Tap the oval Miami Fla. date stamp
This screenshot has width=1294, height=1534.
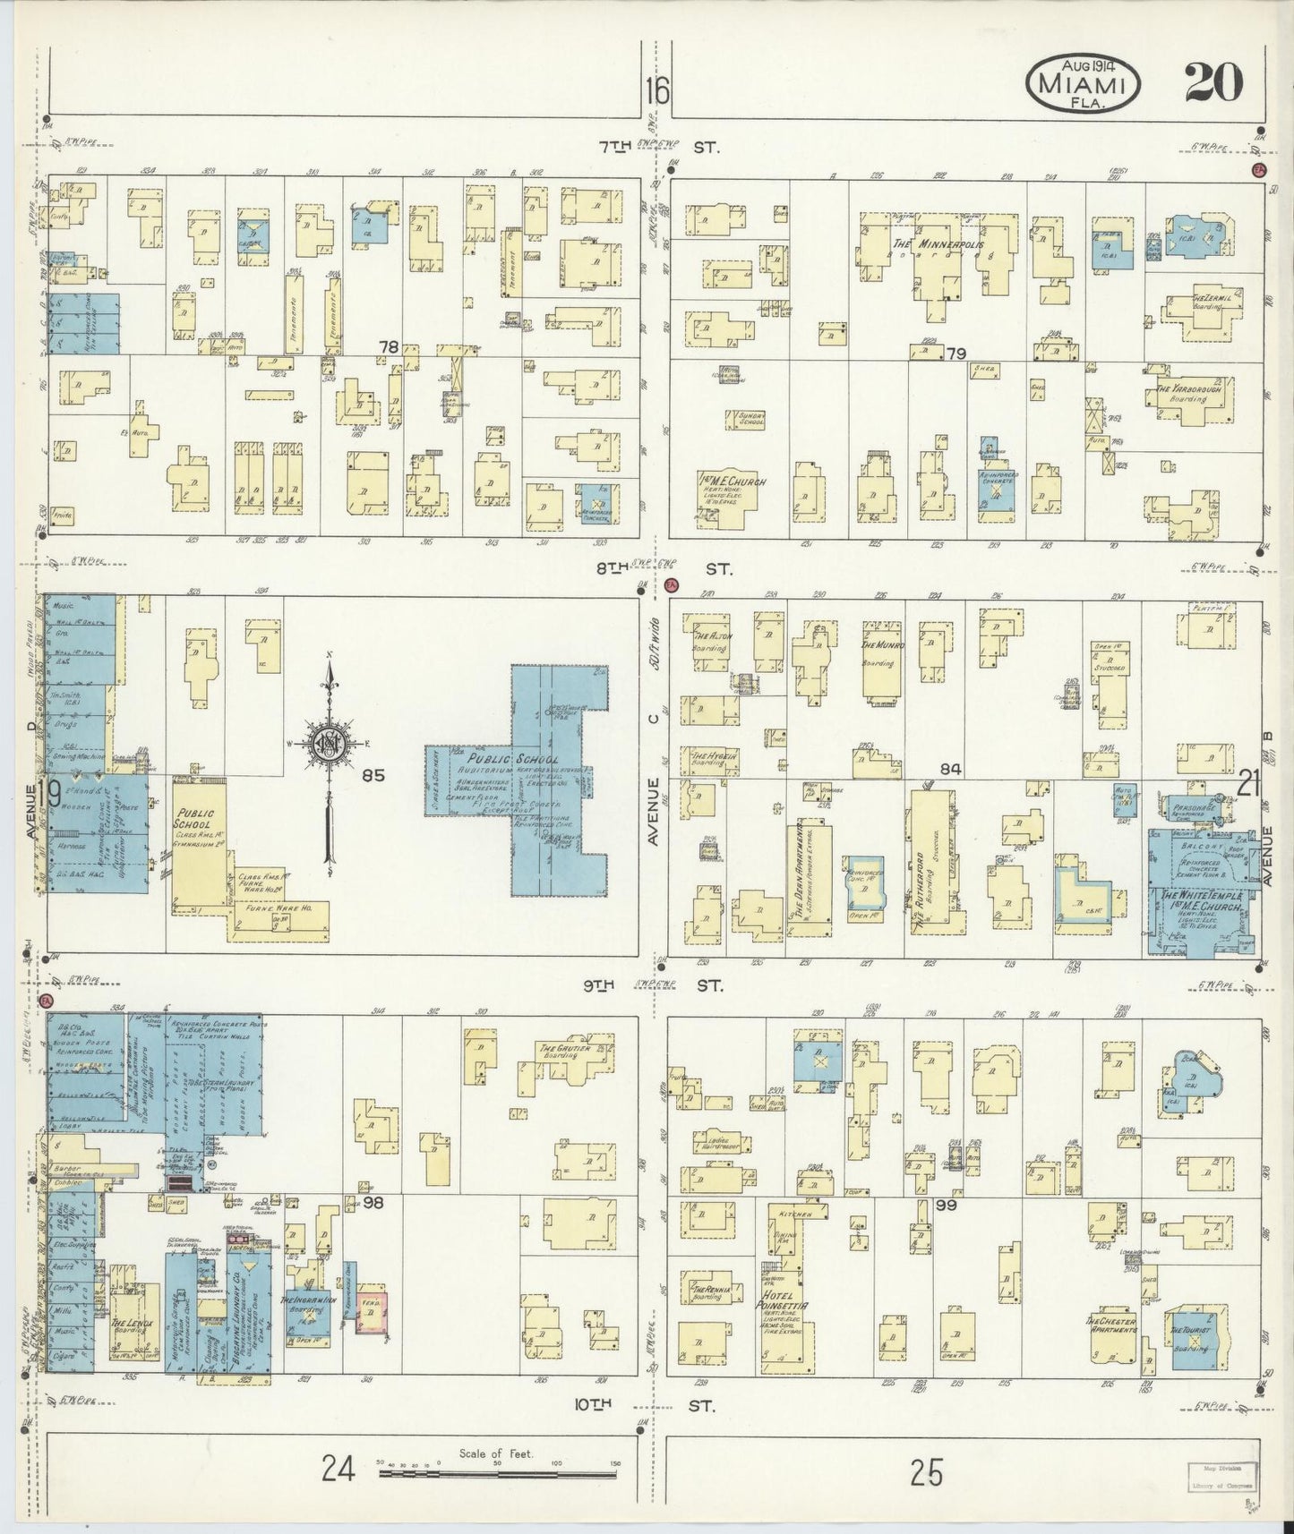click(1083, 85)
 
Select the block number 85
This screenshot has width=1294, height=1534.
click(373, 776)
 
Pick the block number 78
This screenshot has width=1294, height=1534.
click(388, 345)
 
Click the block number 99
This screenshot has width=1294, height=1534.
click(947, 1206)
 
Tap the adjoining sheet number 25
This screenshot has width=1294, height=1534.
click(927, 1472)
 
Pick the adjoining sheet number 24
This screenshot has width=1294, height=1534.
click(339, 1470)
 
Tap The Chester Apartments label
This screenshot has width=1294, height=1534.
click(1111, 1325)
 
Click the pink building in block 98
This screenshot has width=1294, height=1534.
click(370, 1315)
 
